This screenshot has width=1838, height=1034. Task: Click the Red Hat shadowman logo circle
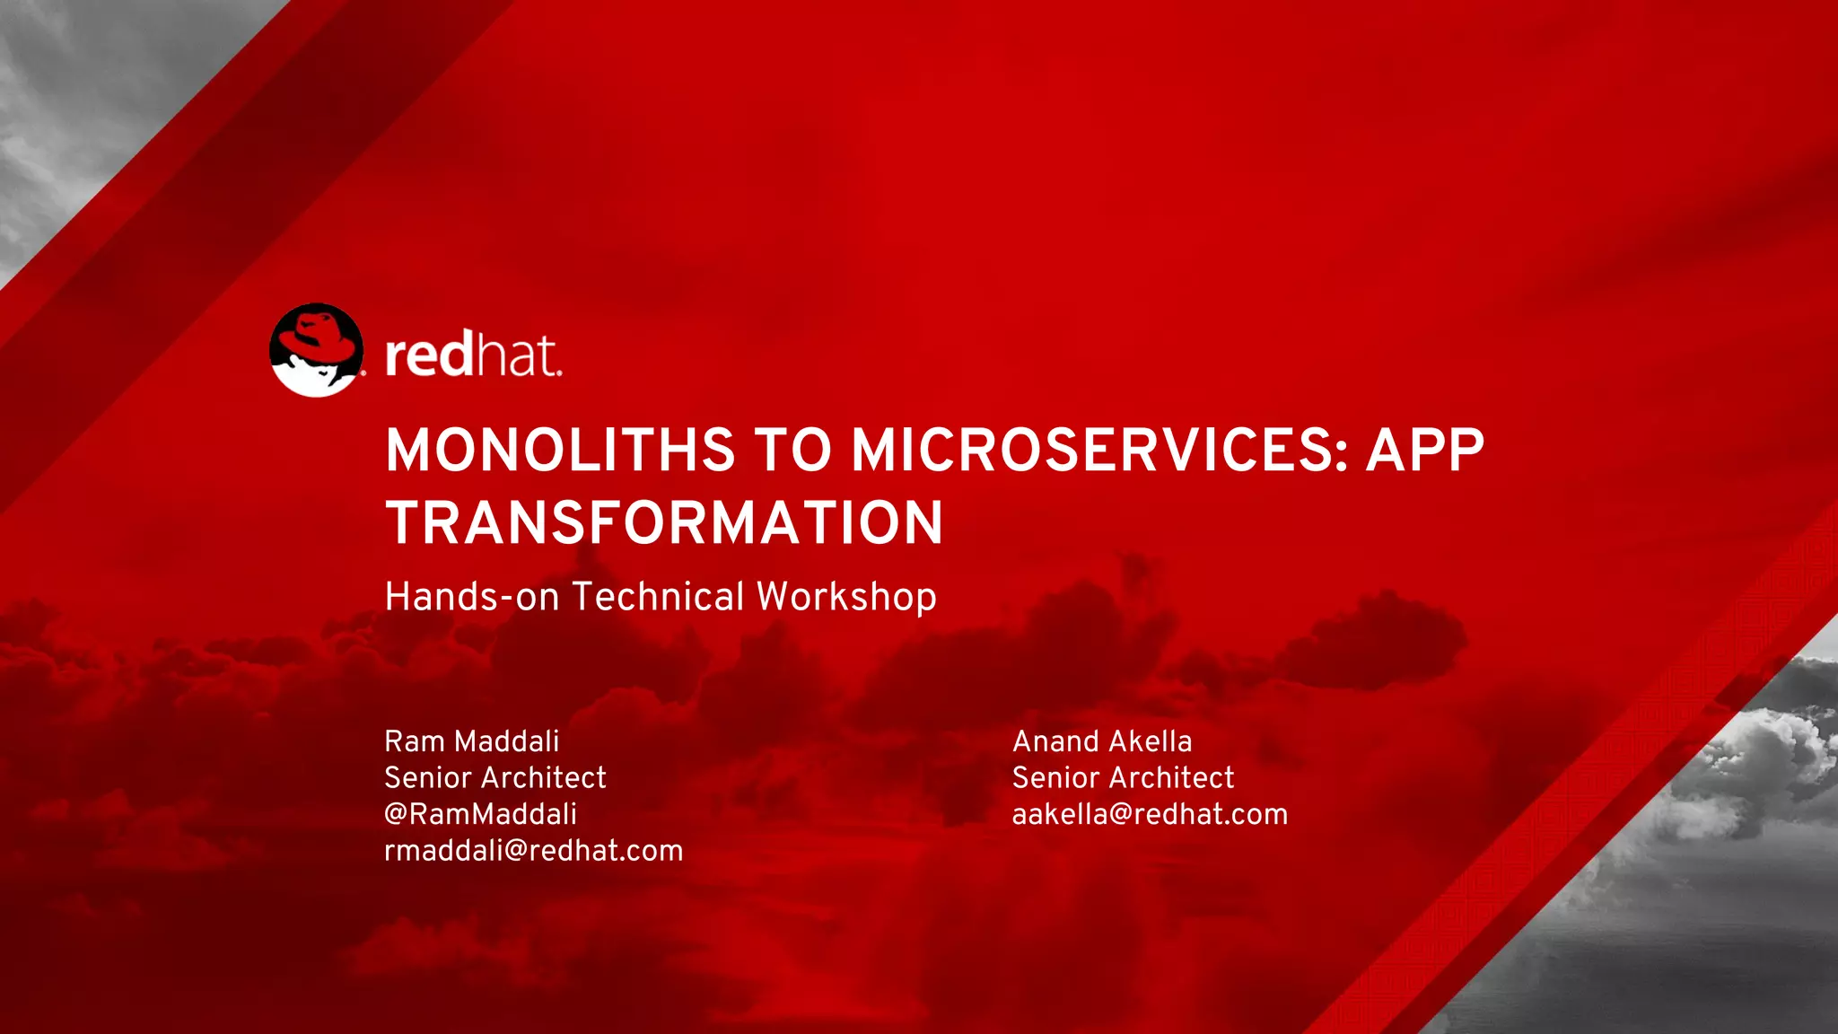click(x=316, y=351)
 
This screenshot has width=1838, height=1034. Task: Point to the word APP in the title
click(x=1424, y=450)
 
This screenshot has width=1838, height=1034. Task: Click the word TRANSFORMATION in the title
click(x=664, y=523)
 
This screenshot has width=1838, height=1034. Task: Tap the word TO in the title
click(x=792, y=450)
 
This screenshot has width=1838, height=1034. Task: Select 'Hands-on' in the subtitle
click(x=471, y=597)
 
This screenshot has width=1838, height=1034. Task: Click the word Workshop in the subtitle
click(x=846, y=597)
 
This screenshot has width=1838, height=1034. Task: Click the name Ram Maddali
click(x=471, y=741)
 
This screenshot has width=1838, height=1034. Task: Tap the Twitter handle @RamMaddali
click(x=480, y=814)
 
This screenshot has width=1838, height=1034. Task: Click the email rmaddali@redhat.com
click(x=533, y=851)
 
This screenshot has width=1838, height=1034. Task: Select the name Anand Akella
click(x=1102, y=741)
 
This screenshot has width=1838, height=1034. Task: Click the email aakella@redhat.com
click(x=1150, y=814)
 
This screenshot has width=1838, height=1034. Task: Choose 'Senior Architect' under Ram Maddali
click(x=495, y=777)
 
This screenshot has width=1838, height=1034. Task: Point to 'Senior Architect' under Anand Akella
click(x=1123, y=777)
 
